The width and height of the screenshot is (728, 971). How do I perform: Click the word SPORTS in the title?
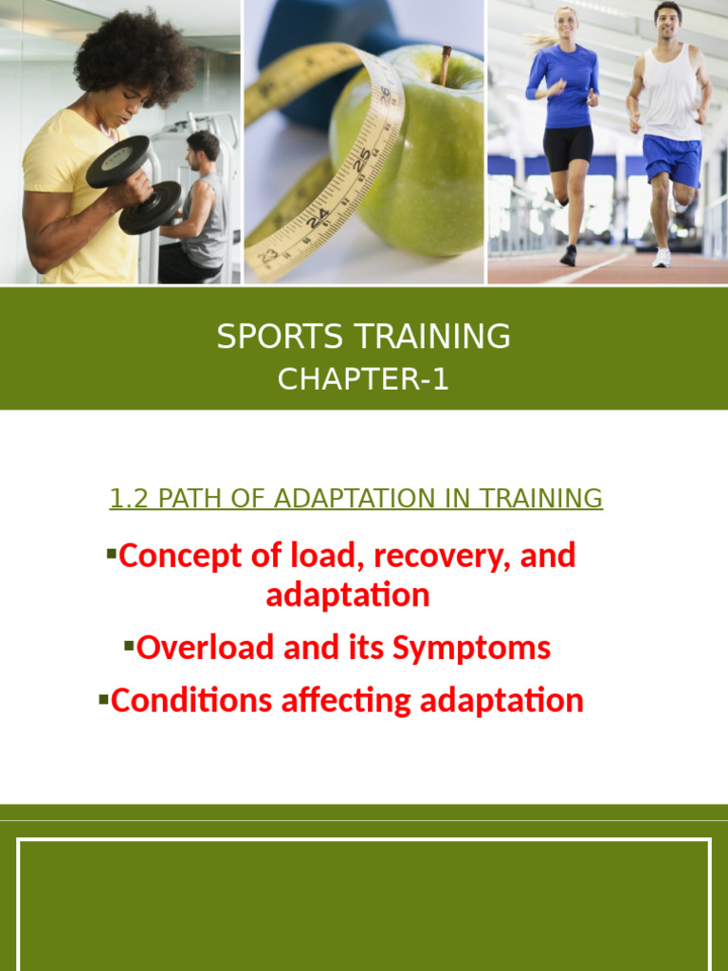coord(271,337)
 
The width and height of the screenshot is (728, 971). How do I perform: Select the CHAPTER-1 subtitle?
coord(363,379)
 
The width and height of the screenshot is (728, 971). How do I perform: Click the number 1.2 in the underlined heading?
coord(130,499)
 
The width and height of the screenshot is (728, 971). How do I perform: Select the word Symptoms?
coord(471,650)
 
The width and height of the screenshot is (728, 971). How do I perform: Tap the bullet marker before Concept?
coord(111,552)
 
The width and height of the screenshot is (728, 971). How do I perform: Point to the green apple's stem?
coord(444,65)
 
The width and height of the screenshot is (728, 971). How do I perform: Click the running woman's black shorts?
coord(568,148)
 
